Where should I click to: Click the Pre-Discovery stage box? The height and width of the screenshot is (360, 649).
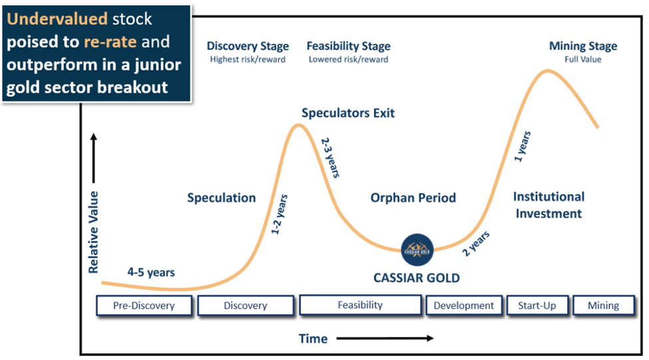(x=144, y=305)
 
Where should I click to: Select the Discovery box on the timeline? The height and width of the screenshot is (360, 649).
(x=246, y=305)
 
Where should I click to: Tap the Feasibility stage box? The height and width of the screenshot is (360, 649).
(x=360, y=305)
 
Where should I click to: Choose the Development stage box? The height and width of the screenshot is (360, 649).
(x=464, y=305)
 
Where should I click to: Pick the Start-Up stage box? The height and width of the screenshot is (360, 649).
(x=537, y=305)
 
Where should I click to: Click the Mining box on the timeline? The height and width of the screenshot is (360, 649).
(x=603, y=305)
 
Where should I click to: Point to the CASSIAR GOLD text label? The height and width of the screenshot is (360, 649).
(x=417, y=277)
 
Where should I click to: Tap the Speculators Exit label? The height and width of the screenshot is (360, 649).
(x=348, y=113)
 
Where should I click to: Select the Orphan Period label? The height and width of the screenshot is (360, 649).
(x=413, y=198)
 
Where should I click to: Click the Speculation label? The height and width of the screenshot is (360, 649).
(x=222, y=198)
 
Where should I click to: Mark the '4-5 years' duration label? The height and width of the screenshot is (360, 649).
(x=151, y=272)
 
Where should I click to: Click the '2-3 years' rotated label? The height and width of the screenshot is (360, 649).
(x=331, y=158)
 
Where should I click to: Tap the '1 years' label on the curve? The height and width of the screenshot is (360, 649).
(x=522, y=148)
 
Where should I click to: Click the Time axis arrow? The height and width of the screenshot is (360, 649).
(x=384, y=339)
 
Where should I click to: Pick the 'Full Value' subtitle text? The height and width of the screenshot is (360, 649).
(x=583, y=59)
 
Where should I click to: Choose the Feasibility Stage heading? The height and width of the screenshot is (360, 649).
(x=348, y=47)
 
